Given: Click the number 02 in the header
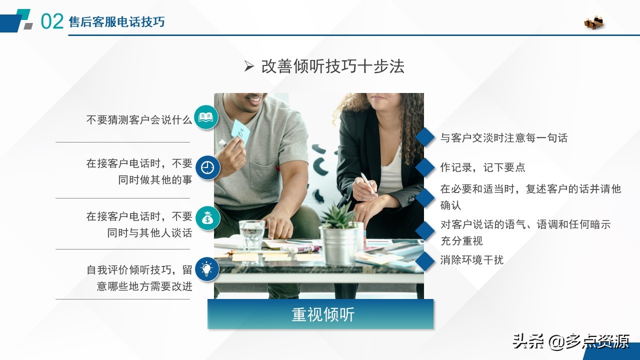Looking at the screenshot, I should pyautogui.click(x=52, y=21).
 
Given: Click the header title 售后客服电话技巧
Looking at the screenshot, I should pyautogui.click(x=116, y=22).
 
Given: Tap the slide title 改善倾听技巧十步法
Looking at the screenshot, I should pyautogui.click(x=332, y=66).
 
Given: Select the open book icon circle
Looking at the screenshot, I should pyautogui.click(x=206, y=117).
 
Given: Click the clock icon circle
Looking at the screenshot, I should pyautogui.click(x=207, y=168).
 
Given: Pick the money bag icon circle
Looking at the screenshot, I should pyautogui.click(x=207, y=218).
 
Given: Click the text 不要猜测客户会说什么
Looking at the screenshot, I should pyautogui.click(x=139, y=120).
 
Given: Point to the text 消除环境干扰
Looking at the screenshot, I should pyautogui.click(x=471, y=259).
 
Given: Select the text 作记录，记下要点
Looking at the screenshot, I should pyautogui.click(x=482, y=167).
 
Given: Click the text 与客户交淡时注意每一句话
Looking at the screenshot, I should pyautogui.click(x=503, y=138).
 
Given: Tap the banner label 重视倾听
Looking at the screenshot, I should pyautogui.click(x=323, y=314).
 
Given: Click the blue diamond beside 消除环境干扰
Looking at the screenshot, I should pyautogui.click(x=425, y=261).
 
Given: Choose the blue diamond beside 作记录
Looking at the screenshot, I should pyautogui.click(x=425, y=167).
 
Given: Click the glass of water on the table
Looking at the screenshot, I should pyautogui.click(x=251, y=234).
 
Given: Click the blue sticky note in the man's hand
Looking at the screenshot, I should pyautogui.click(x=240, y=131).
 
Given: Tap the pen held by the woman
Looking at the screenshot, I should pyautogui.click(x=367, y=184).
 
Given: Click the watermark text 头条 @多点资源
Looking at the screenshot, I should pyautogui.click(x=570, y=341).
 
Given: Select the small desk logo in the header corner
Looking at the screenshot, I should pyautogui.click(x=594, y=22).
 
